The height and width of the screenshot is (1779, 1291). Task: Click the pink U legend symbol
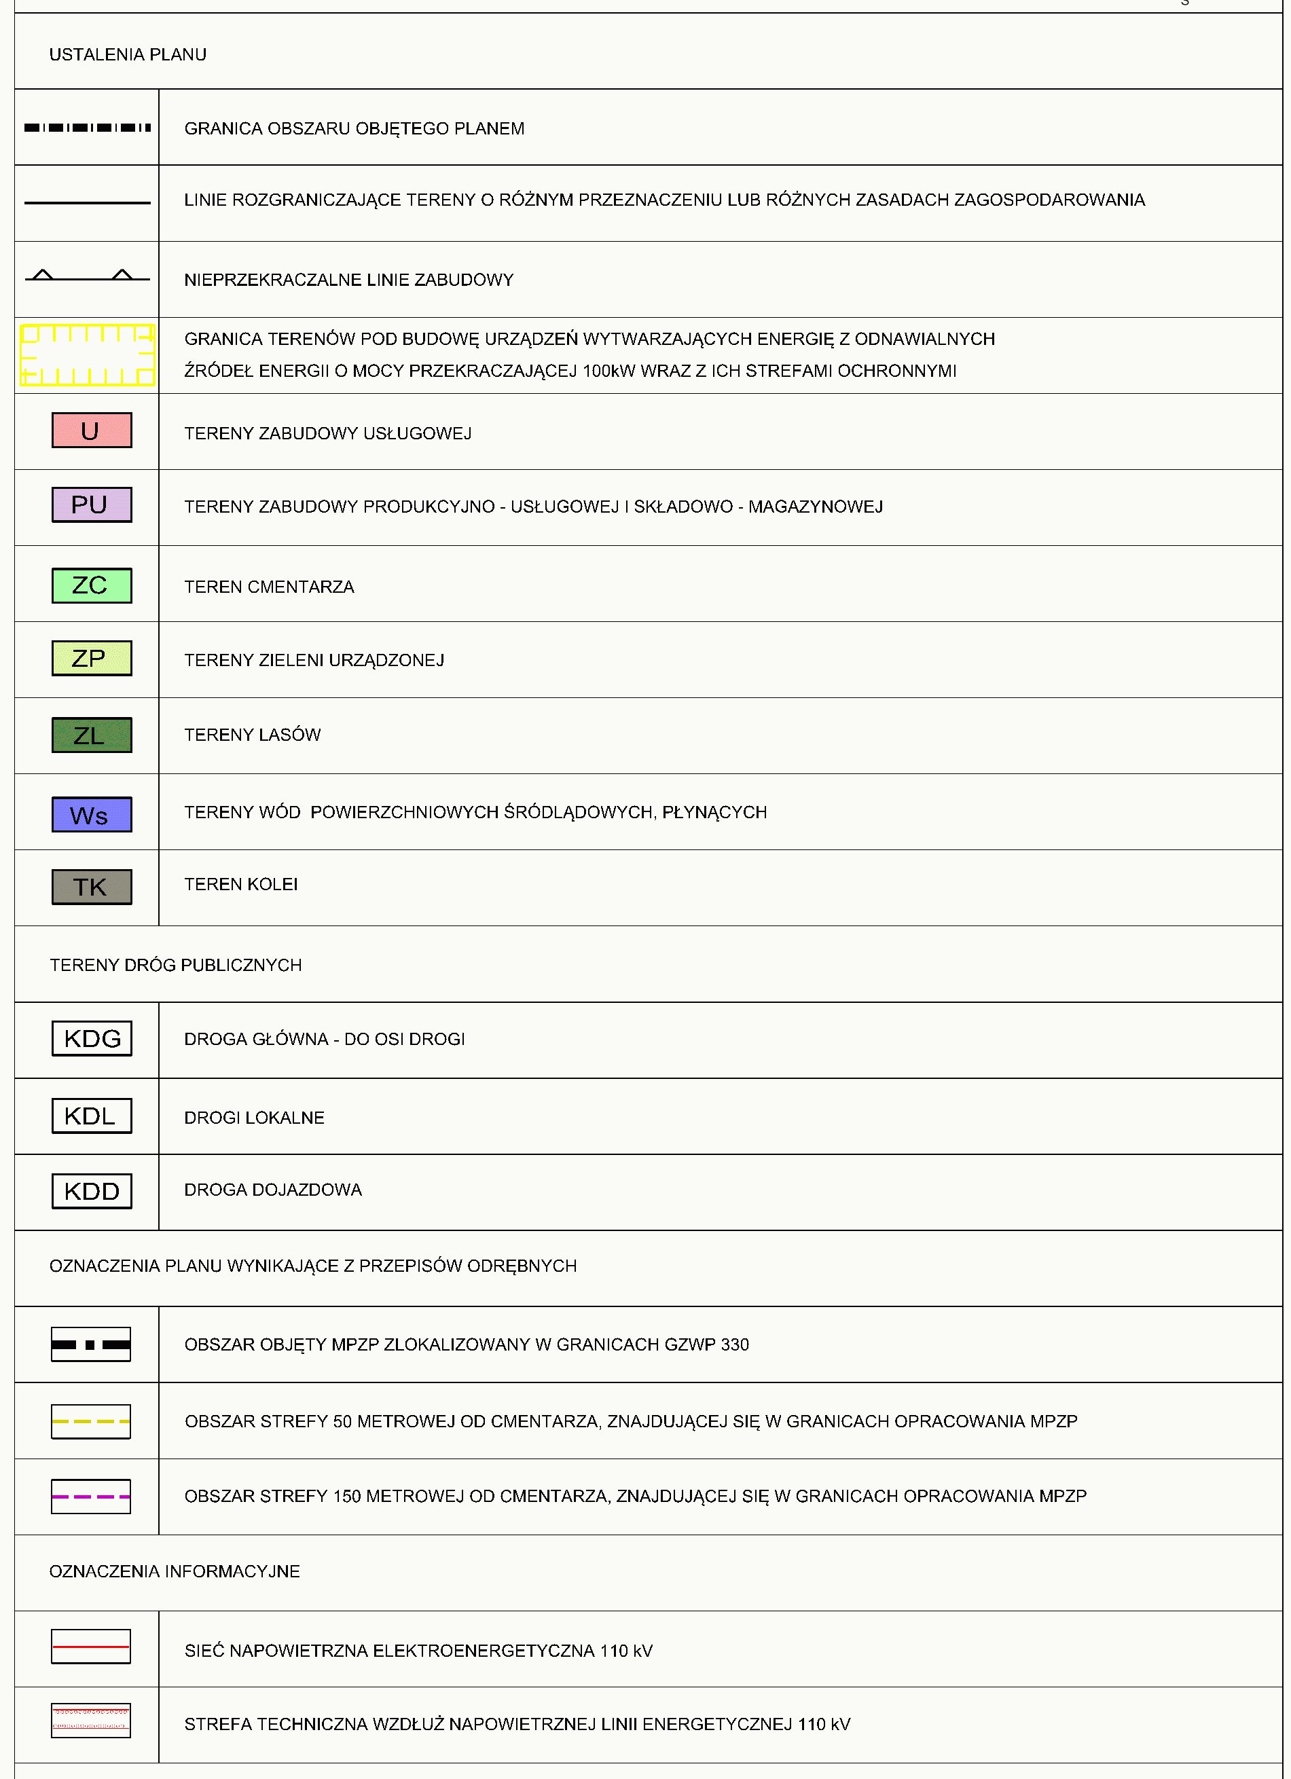[92, 430]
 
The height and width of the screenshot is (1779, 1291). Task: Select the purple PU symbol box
[92, 505]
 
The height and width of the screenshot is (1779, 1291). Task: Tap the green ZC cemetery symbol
[92, 585]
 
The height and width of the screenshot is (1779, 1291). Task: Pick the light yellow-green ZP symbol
[92, 658]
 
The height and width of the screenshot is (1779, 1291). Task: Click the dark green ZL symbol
[92, 735]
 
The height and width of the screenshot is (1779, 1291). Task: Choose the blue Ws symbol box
[92, 814]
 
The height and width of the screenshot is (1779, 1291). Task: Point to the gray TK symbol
[92, 886]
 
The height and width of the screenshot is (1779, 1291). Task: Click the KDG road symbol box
[92, 1038]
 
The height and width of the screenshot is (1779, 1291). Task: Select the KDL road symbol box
[92, 1116]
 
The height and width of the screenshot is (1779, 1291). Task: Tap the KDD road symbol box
[92, 1191]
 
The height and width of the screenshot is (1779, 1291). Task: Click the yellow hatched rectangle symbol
[87, 355]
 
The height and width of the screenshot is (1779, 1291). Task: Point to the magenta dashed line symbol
[91, 1497]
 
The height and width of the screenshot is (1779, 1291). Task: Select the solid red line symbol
[91, 1647]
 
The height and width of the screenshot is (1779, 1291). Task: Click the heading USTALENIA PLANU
[128, 55]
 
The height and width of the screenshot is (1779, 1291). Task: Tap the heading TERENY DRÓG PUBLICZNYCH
[176, 965]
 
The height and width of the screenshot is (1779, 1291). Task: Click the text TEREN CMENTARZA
[269, 587]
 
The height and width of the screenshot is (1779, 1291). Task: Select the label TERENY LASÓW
[253, 735]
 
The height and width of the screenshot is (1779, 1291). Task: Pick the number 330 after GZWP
[734, 1344]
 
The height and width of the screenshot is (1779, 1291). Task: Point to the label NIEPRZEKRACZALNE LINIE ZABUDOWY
[349, 280]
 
